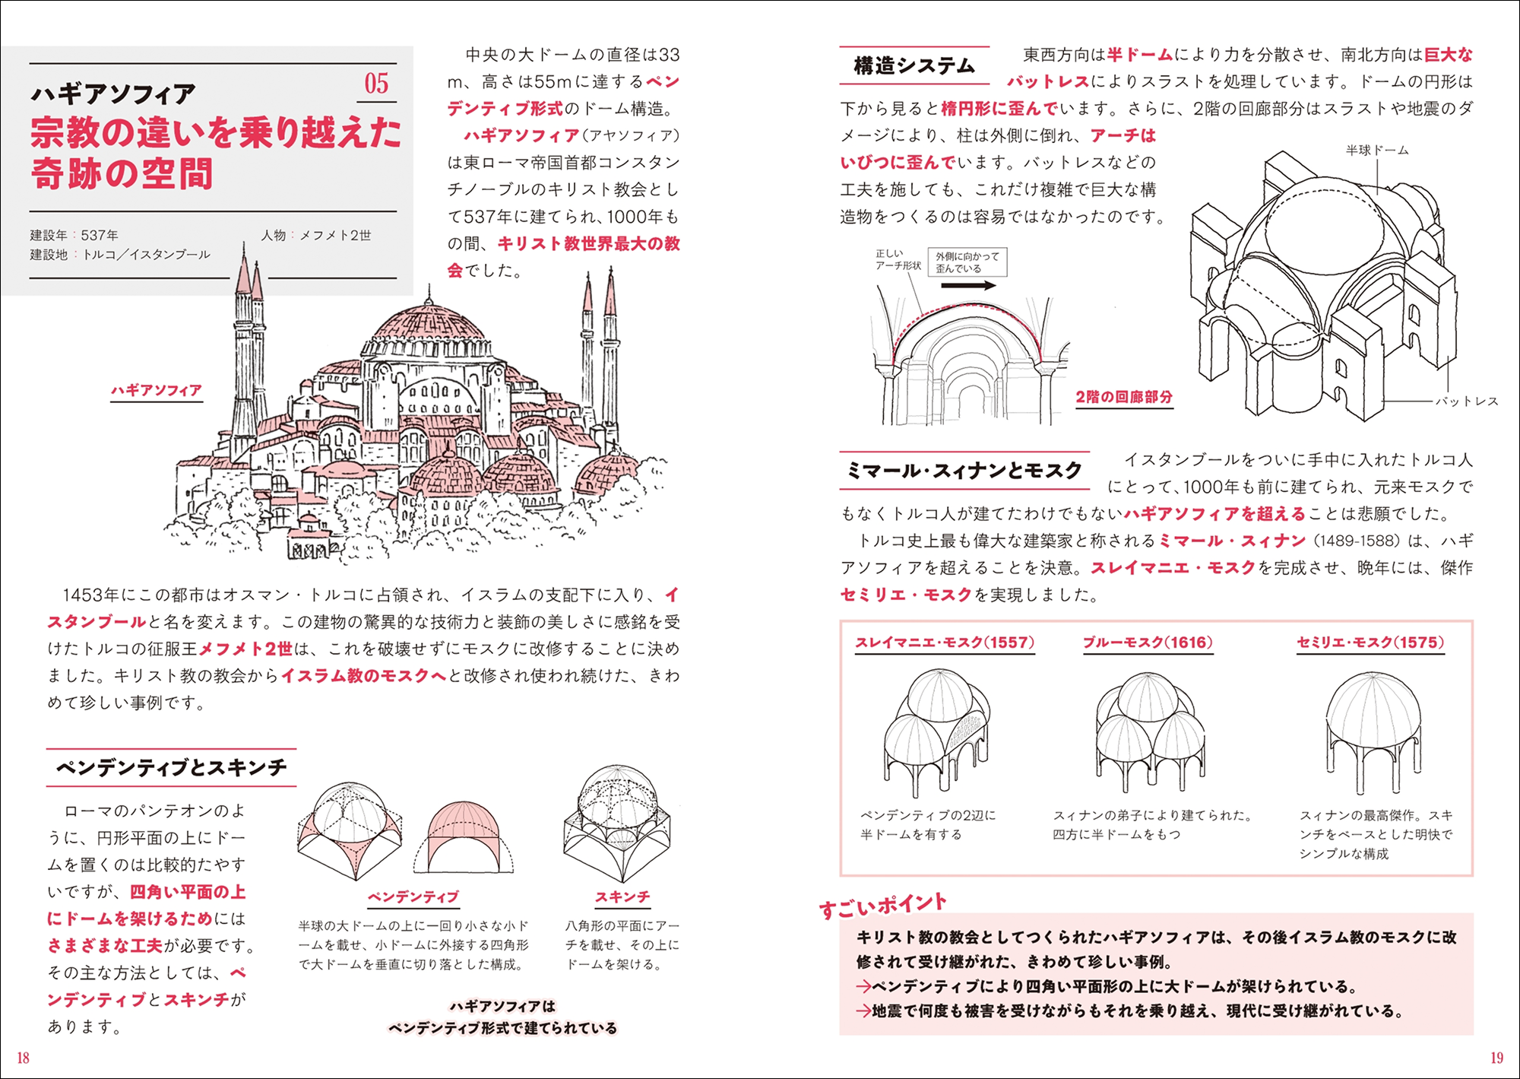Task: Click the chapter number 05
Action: [x=376, y=84]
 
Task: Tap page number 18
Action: [x=23, y=1058]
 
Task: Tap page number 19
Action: [x=1496, y=1058]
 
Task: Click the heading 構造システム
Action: [x=914, y=66]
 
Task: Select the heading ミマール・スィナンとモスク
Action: [x=964, y=471]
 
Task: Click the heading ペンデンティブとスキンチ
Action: [x=172, y=767]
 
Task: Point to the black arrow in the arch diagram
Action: [x=968, y=286]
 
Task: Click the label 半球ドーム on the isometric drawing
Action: [x=1376, y=151]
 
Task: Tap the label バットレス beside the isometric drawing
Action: [x=1466, y=401]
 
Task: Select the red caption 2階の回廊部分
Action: [x=1123, y=397]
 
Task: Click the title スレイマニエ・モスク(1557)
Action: [x=945, y=643]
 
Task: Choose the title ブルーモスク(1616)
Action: [x=1148, y=643]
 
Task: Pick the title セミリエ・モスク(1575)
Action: [x=1370, y=643]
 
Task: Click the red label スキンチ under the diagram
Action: [x=622, y=897]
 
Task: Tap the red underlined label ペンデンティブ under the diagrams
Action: [x=413, y=897]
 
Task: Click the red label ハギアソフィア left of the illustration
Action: [x=157, y=391]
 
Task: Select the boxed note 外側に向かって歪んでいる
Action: [x=967, y=262]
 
